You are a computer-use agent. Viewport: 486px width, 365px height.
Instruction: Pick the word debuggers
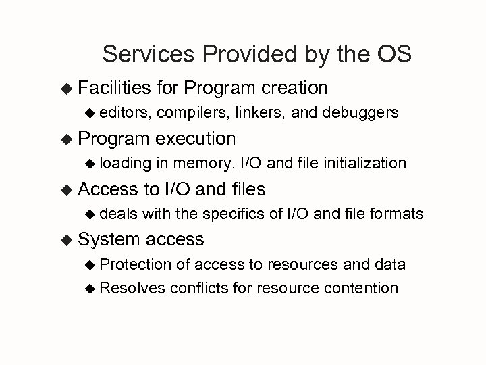(362, 113)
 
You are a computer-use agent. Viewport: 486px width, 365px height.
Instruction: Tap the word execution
(195, 139)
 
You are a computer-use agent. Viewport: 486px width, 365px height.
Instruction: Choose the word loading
(126, 163)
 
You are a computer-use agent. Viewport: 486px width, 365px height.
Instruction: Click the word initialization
(366, 163)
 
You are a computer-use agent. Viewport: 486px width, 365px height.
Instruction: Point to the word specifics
(239, 214)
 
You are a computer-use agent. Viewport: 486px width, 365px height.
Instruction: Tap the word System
(109, 239)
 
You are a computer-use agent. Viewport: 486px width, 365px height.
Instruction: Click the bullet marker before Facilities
(66, 89)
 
